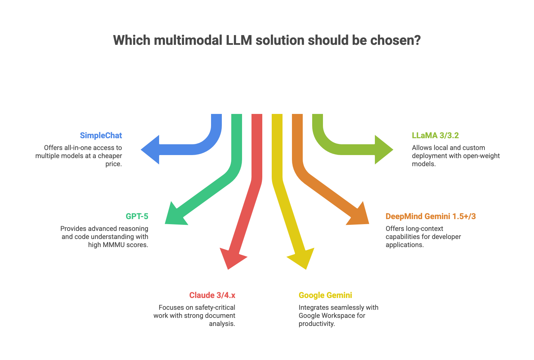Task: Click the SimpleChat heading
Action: (101, 136)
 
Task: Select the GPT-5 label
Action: (137, 216)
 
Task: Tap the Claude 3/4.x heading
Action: (212, 295)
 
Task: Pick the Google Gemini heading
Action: (325, 295)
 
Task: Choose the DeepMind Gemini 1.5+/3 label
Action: (431, 216)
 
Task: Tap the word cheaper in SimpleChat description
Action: (110, 156)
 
